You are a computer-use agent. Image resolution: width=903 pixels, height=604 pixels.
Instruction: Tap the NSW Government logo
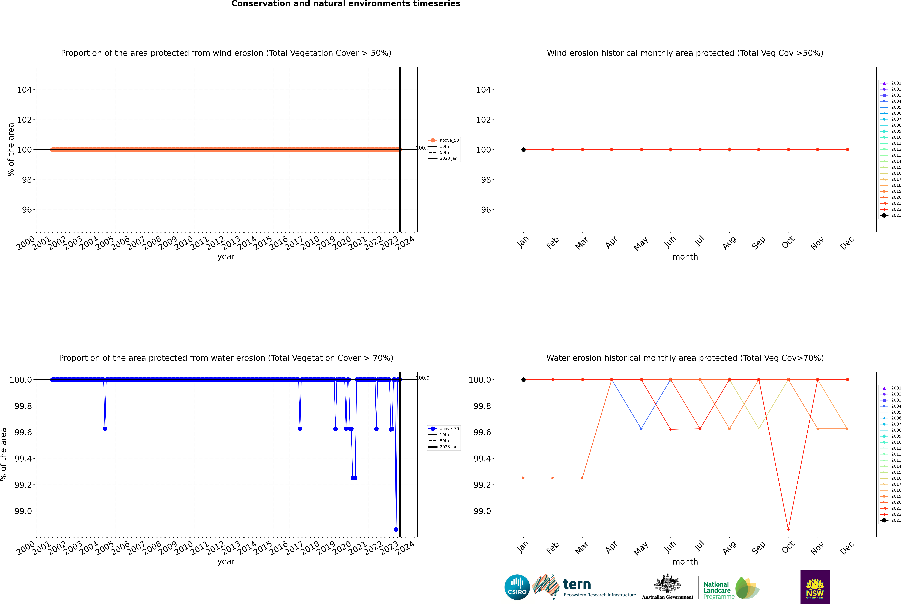pyautogui.click(x=815, y=587)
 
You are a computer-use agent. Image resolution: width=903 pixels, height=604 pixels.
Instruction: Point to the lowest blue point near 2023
pyautogui.click(x=396, y=529)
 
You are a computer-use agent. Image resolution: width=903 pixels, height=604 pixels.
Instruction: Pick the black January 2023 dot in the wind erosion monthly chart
pyautogui.click(x=523, y=149)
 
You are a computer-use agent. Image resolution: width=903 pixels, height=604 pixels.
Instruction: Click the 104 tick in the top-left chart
pyautogui.click(x=24, y=90)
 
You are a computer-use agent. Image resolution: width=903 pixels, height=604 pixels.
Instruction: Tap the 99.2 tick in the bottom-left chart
pyautogui.click(x=23, y=485)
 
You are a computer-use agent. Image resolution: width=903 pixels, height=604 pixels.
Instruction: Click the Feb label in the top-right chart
pyautogui.click(x=552, y=243)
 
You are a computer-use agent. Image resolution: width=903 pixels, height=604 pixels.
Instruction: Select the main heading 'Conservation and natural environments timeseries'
pyautogui.click(x=346, y=4)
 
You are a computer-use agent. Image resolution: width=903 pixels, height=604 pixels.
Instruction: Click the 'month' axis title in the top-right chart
pyautogui.click(x=685, y=257)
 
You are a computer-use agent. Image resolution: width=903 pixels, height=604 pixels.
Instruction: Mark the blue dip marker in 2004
pyautogui.click(x=105, y=429)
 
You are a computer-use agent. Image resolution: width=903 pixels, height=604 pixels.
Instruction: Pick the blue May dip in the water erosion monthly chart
pyautogui.click(x=641, y=429)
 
